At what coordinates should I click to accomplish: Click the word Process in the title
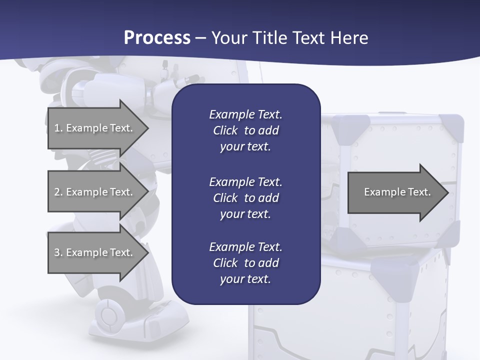(x=157, y=38)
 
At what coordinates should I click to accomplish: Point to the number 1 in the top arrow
(x=57, y=128)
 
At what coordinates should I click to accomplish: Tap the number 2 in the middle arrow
(x=57, y=192)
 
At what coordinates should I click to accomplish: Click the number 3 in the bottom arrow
(x=57, y=252)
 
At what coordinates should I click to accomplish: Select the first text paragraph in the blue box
(x=245, y=130)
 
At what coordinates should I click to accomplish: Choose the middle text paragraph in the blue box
(x=245, y=197)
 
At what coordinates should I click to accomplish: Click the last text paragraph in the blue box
(x=245, y=263)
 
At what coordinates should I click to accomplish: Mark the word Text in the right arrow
(x=419, y=192)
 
